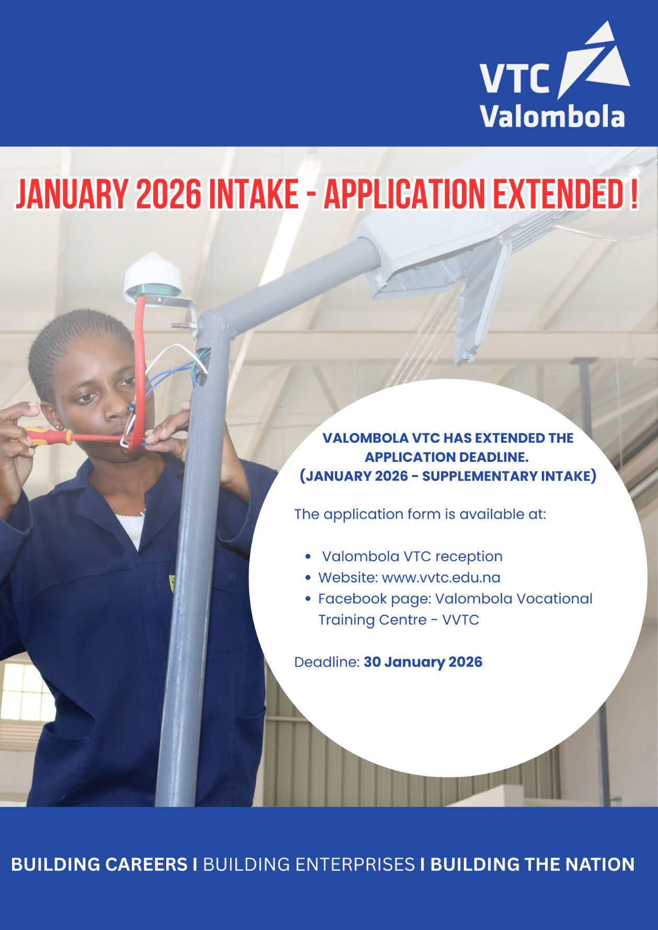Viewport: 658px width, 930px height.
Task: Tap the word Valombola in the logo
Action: pyautogui.click(x=552, y=117)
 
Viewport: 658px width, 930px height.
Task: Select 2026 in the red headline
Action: pyautogui.click(x=168, y=194)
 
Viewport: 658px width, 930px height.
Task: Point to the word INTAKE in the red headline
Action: pyautogui.click(x=254, y=194)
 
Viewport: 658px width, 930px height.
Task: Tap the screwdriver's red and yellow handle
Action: pyautogui.click(x=47, y=436)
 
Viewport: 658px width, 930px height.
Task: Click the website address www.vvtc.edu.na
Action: pyautogui.click(x=441, y=577)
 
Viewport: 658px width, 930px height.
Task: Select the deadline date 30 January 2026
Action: pyautogui.click(x=423, y=662)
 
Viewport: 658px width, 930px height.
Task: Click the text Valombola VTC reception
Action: pyautogui.click(x=412, y=556)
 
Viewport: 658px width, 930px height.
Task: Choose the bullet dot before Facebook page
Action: pyautogui.click(x=308, y=599)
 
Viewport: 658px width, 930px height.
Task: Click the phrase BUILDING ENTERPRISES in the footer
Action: pyautogui.click(x=309, y=865)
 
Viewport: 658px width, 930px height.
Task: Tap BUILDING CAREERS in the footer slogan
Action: pyautogui.click(x=99, y=865)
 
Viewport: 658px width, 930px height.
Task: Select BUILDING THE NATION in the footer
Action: pyautogui.click(x=532, y=865)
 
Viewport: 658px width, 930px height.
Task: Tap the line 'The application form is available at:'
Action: pyautogui.click(x=420, y=514)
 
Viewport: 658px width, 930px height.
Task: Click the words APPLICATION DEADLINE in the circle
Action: pyautogui.click(x=447, y=457)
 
